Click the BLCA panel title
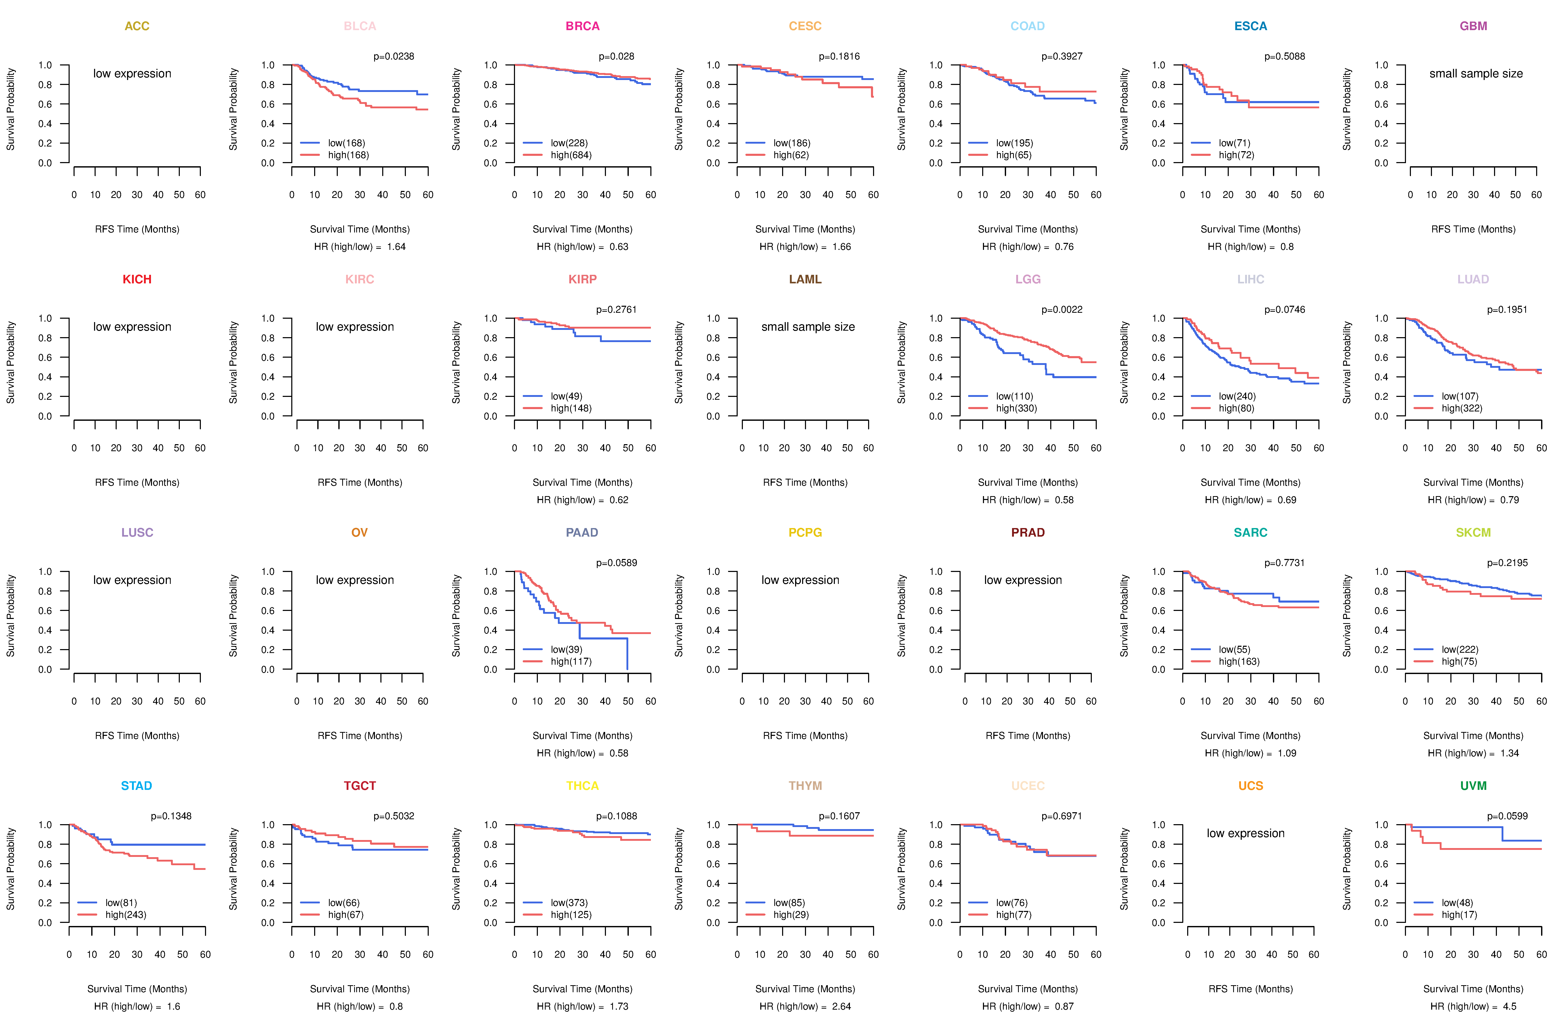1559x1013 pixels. (x=360, y=26)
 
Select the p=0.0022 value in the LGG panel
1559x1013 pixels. (x=1062, y=310)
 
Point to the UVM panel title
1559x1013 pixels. (x=1473, y=786)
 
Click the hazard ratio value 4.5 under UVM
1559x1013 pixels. (x=1509, y=1007)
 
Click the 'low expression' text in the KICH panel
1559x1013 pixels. (x=132, y=327)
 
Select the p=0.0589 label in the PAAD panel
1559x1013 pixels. (x=616, y=563)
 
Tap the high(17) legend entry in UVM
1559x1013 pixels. (x=1459, y=915)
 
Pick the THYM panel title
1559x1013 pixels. (x=805, y=786)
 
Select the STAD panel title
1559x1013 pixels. (x=136, y=786)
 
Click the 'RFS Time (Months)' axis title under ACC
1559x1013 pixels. (x=137, y=229)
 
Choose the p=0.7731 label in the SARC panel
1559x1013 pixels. (x=1285, y=563)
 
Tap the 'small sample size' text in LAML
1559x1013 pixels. (x=808, y=327)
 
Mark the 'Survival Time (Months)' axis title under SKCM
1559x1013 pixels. (x=1473, y=736)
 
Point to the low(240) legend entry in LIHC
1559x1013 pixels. (x=1237, y=396)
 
